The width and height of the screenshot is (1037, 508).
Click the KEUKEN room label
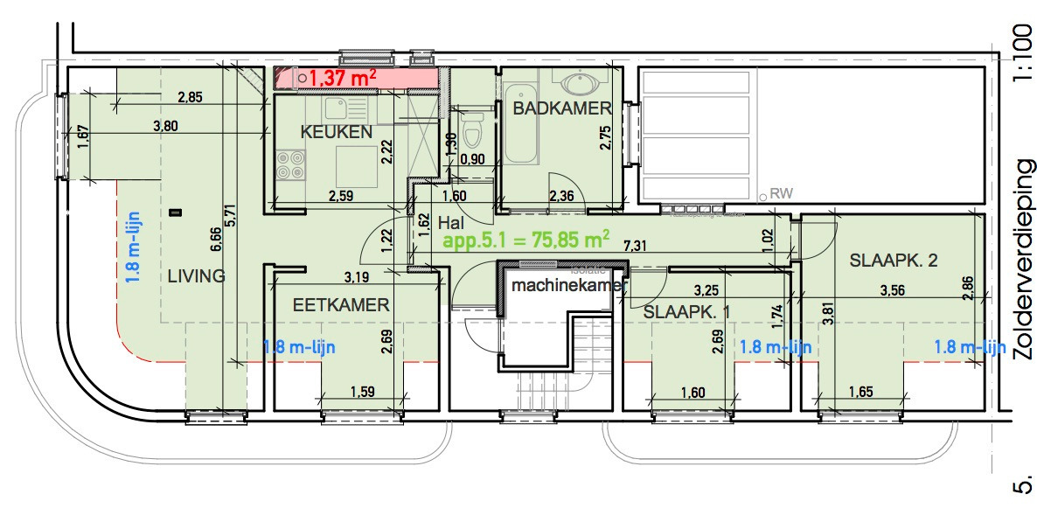(337, 132)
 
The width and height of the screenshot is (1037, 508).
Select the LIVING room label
(196, 276)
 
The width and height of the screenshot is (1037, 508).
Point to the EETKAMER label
(340, 305)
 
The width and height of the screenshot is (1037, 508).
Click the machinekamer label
(568, 285)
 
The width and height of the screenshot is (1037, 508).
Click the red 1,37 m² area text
(343, 79)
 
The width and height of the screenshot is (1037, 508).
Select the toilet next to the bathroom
(473, 131)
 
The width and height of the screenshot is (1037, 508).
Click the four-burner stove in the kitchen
(291, 164)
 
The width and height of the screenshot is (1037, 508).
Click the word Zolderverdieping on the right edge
(1023, 260)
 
